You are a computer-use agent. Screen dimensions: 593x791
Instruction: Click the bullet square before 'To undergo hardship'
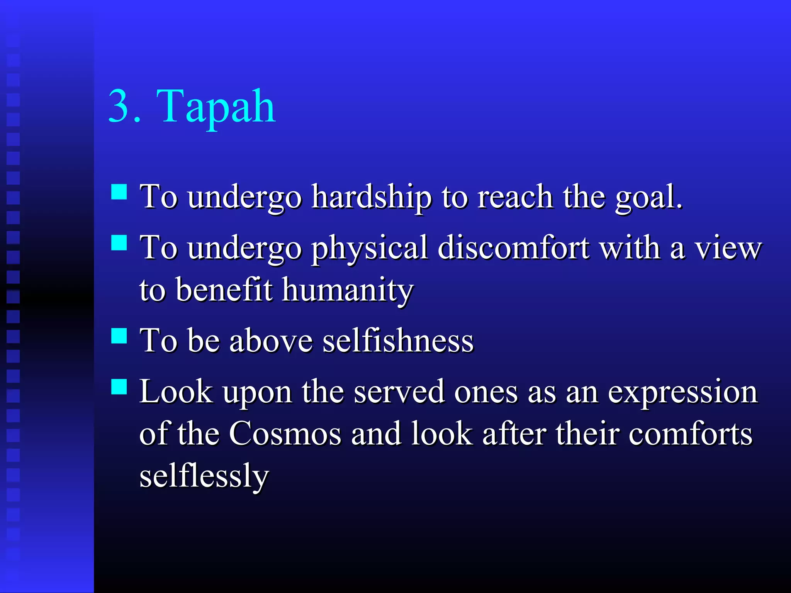119,191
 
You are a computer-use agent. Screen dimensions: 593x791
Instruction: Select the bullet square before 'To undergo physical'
119,243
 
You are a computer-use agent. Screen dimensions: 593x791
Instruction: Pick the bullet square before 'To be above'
119,335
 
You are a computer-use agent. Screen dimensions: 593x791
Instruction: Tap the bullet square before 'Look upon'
119,386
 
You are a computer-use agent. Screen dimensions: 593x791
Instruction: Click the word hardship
372,198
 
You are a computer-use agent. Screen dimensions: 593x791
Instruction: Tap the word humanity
348,290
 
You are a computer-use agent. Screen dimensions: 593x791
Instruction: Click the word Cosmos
285,434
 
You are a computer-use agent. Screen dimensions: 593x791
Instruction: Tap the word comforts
690,434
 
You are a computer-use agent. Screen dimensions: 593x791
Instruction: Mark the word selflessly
204,476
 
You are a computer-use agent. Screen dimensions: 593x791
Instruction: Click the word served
399,392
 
